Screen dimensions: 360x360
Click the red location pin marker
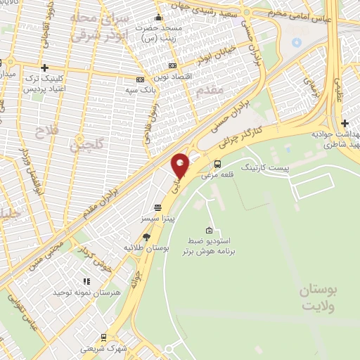(181, 166)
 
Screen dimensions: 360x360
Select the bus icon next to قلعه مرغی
(217, 165)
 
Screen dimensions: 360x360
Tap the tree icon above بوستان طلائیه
(146, 237)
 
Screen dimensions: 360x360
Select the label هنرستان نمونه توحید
(88, 291)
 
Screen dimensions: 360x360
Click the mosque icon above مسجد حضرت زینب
(159, 18)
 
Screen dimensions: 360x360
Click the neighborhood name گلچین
(86, 146)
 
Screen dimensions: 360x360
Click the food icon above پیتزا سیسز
(156, 208)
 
